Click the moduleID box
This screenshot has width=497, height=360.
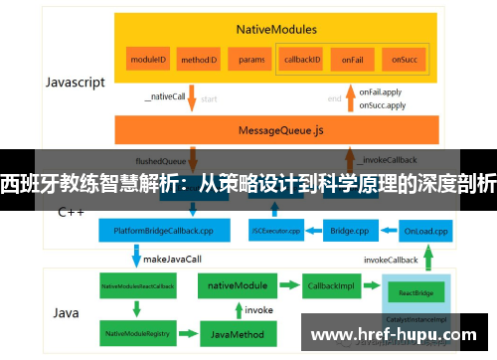click(148, 60)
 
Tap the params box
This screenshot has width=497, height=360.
click(251, 60)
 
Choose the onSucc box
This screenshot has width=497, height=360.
click(402, 60)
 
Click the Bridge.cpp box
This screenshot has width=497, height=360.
click(350, 230)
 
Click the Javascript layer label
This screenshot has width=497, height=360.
click(75, 83)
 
